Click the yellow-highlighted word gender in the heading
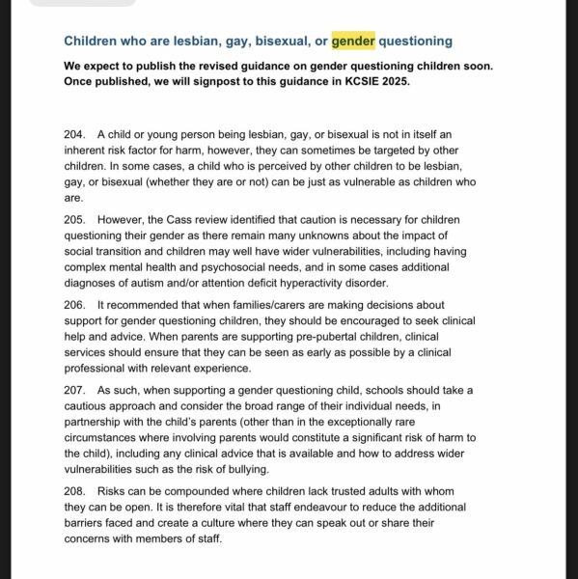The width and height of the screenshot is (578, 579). (x=352, y=41)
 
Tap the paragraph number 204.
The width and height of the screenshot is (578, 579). (x=76, y=134)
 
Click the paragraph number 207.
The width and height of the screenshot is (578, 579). (x=76, y=391)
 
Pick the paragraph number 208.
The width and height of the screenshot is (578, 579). (x=76, y=491)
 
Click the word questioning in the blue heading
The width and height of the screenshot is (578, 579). (x=415, y=41)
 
